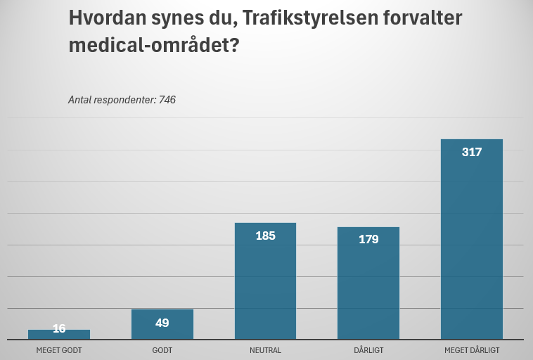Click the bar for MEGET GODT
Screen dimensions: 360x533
pyautogui.click(x=59, y=335)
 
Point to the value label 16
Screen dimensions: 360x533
pyautogui.click(x=59, y=328)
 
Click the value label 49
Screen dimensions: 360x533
pyautogui.click(x=162, y=323)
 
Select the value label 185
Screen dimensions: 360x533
pyautogui.click(x=265, y=236)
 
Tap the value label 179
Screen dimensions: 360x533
pyautogui.click(x=368, y=240)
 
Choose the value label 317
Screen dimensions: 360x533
pyautogui.click(x=472, y=152)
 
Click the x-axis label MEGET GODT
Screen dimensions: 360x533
pyautogui.click(x=59, y=350)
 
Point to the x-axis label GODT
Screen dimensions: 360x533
pyautogui.click(x=162, y=350)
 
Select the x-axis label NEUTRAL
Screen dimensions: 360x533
pyautogui.click(x=265, y=350)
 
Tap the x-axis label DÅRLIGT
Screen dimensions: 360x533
pyautogui.click(x=368, y=350)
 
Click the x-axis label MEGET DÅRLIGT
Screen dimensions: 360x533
pyautogui.click(x=472, y=350)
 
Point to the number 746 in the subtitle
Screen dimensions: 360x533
pyautogui.click(x=167, y=100)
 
